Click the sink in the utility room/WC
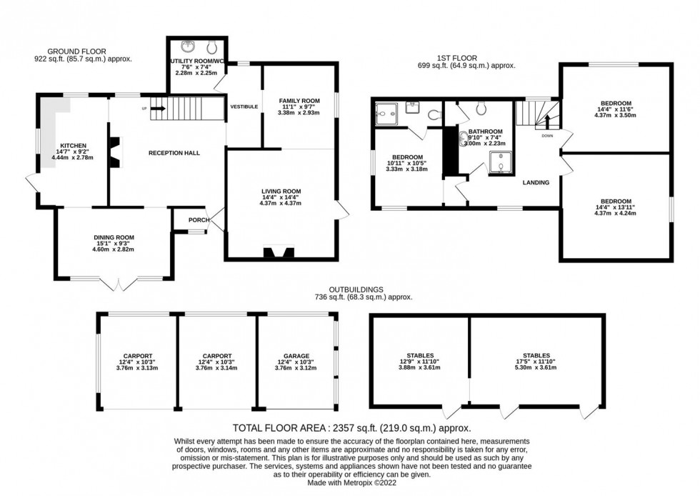(187, 47)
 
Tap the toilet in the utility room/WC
(211, 48)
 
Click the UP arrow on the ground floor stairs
(158, 109)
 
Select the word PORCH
(198, 220)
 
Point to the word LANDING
(536, 183)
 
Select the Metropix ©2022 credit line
(349, 482)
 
